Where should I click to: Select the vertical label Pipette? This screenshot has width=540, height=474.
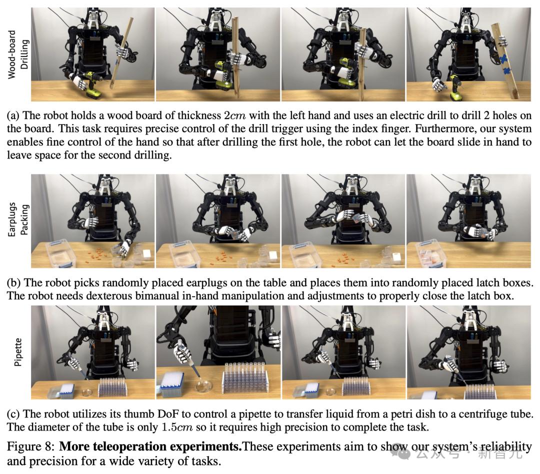tap(18, 351)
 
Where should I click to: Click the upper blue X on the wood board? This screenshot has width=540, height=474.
tap(504, 59)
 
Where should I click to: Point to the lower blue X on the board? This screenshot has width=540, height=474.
tap(506, 71)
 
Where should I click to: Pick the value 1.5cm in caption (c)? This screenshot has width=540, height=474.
tap(177, 427)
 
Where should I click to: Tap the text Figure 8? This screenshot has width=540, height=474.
tap(30, 447)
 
